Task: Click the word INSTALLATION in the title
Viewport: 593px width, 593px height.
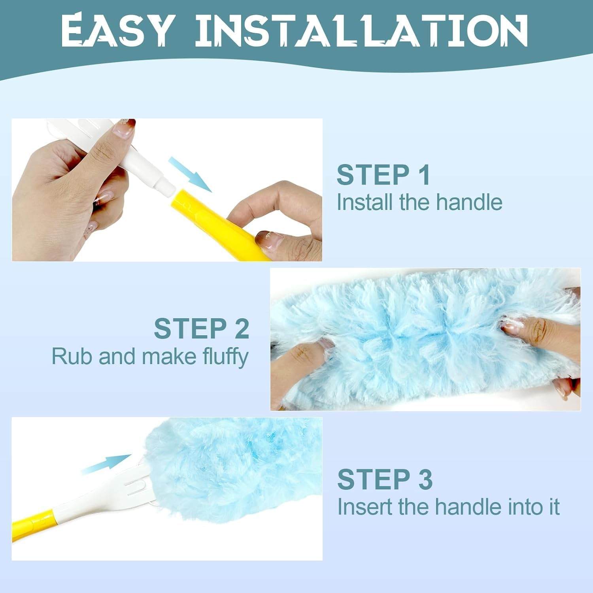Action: (361, 30)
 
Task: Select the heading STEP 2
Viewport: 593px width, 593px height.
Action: (202, 329)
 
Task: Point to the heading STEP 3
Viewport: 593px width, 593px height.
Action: (385, 479)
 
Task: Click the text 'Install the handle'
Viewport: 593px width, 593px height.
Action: (419, 202)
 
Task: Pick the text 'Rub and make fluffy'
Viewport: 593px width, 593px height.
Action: (150, 356)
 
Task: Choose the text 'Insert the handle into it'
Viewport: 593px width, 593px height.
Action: (448, 507)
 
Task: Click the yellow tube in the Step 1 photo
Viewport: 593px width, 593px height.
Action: (221, 225)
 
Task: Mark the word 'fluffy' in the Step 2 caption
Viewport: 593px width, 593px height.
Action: (225, 356)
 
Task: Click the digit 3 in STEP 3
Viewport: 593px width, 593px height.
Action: (425, 479)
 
